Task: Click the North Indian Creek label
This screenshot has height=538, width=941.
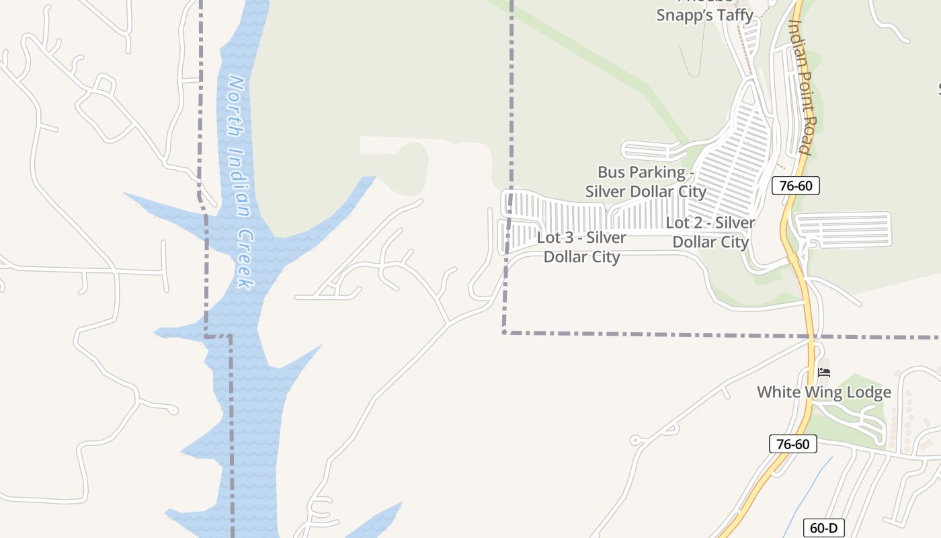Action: [x=241, y=182]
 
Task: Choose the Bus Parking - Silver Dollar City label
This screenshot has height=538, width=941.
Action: [x=645, y=182]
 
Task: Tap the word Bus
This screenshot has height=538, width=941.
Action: [x=611, y=173]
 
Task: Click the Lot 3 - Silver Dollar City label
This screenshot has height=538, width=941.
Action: [x=582, y=247]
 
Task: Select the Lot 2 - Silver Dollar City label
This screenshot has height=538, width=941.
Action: [x=710, y=232]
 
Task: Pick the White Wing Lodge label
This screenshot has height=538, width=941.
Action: [x=824, y=392]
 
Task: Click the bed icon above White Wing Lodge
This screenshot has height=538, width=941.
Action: [x=824, y=372]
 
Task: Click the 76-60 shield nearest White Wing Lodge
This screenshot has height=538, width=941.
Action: [x=792, y=444]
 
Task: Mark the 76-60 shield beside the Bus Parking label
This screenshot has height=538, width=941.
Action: [x=796, y=186]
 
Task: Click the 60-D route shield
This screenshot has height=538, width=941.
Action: [x=823, y=528]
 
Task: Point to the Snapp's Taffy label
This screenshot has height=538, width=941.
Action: [x=704, y=13]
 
